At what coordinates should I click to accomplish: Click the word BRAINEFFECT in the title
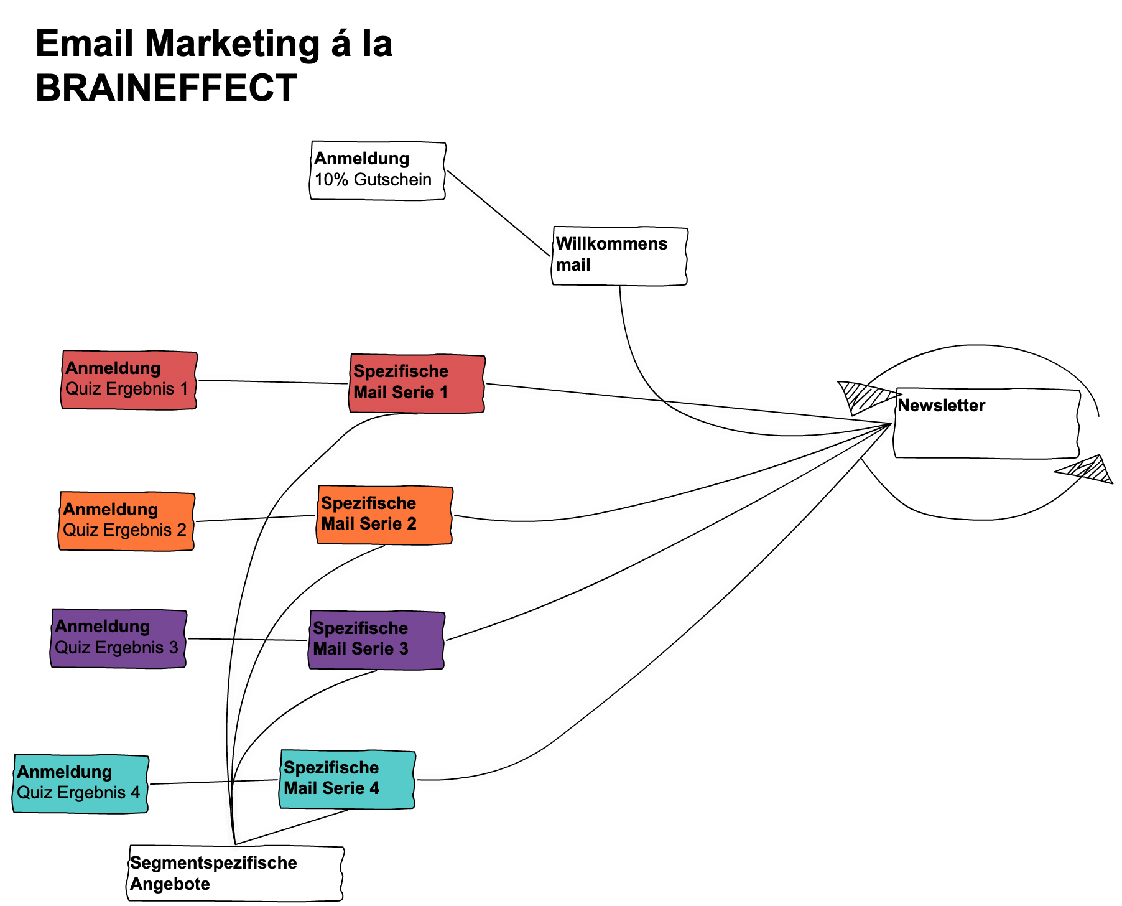[166, 88]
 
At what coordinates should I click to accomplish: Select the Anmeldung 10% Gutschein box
[378, 170]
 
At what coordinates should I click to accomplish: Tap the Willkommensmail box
[619, 256]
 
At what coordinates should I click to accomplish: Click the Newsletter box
[986, 424]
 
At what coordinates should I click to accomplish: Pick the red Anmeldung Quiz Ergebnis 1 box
[129, 380]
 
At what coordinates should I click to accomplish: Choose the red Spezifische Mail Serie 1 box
[417, 383]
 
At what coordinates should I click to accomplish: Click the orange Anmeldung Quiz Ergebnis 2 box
[127, 521]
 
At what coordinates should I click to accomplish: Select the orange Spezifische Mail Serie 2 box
[384, 515]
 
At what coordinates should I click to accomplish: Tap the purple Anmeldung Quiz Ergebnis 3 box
[118, 638]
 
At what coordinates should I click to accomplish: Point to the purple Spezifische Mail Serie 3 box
[377, 640]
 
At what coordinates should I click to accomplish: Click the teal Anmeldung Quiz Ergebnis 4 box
[80, 783]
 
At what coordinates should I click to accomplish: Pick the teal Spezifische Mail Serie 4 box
[347, 779]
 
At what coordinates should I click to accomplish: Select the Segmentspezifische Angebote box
[236, 873]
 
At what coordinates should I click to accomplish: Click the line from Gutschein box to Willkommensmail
[499, 213]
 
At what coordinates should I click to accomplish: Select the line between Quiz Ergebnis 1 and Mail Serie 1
[274, 381]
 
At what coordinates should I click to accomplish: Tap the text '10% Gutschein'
[373, 180]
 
